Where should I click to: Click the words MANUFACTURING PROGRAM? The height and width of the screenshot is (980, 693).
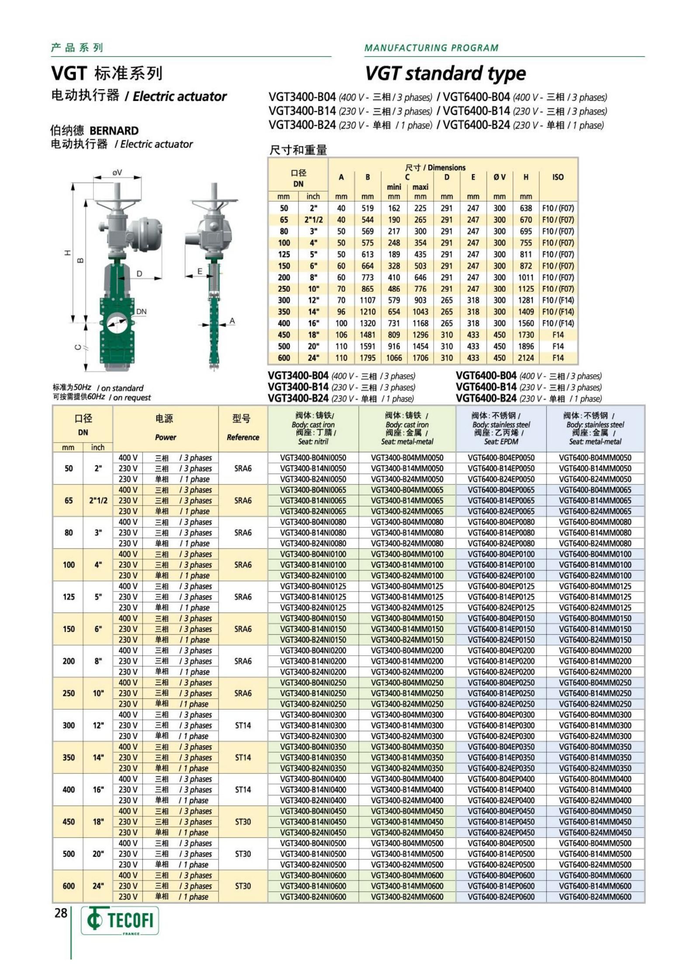tap(431, 48)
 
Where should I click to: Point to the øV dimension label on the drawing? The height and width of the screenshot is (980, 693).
tap(117, 172)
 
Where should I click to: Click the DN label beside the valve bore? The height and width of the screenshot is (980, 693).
tap(141, 312)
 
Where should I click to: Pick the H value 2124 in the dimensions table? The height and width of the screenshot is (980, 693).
tap(526, 358)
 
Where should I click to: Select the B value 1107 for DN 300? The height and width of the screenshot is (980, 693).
tap(368, 300)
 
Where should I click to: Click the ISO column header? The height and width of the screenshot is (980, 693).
tap(558, 177)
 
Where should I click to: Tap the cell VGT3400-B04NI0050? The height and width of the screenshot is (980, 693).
tap(313, 458)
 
